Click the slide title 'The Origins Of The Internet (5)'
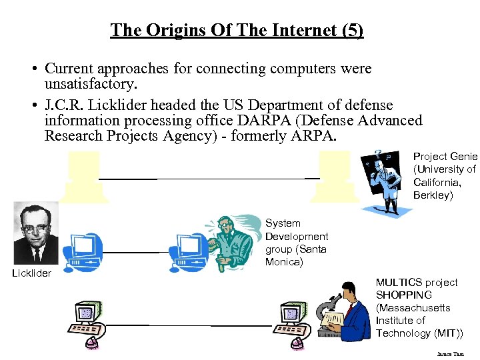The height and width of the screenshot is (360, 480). tap(237, 30)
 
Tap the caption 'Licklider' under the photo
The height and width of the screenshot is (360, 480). tap(32, 273)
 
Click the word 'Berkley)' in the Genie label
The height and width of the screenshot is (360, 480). tap(433, 195)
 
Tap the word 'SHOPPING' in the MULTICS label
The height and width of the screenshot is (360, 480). tap(404, 295)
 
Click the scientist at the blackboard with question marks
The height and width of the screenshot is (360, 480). tap(383, 180)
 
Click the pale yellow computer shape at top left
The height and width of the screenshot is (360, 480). tap(83, 175)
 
